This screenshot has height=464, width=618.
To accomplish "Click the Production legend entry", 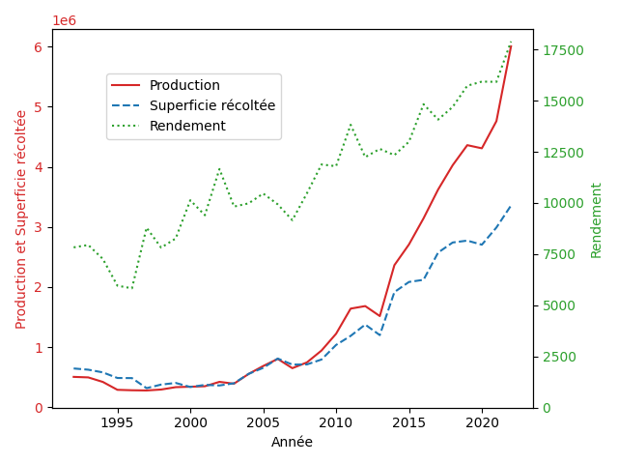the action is [x=165, y=85].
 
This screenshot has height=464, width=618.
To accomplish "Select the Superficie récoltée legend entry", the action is [x=193, y=105].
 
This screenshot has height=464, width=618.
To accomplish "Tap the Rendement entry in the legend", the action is [x=168, y=126].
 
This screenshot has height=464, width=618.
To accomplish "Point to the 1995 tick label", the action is [x=118, y=423].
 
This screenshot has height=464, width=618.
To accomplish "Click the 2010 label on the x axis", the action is [x=336, y=423].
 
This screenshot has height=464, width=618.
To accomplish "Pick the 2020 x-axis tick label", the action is [x=482, y=423].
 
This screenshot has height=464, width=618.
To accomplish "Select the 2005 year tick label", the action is [x=264, y=423].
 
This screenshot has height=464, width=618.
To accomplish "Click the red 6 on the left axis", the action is [x=39, y=47].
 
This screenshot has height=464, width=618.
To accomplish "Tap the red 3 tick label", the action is [x=39, y=228].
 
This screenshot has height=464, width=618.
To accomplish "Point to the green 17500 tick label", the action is [x=563, y=50].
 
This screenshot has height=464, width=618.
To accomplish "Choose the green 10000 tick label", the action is [x=563, y=203].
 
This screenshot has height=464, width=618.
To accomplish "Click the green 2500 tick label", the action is [x=559, y=357].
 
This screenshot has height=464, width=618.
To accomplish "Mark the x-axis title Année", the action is [x=292, y=442].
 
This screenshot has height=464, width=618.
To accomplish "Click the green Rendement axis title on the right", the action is [x=596, y=220].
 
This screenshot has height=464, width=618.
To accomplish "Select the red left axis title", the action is [x=20, y=219].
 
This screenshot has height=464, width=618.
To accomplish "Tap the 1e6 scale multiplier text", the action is [x=65, y=20].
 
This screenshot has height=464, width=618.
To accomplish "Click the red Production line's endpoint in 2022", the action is [x=511, y=46].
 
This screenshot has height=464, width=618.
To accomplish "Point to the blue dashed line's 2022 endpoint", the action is [x=511, y=206].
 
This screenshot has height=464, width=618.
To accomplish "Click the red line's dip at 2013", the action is [x=379, y=316].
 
